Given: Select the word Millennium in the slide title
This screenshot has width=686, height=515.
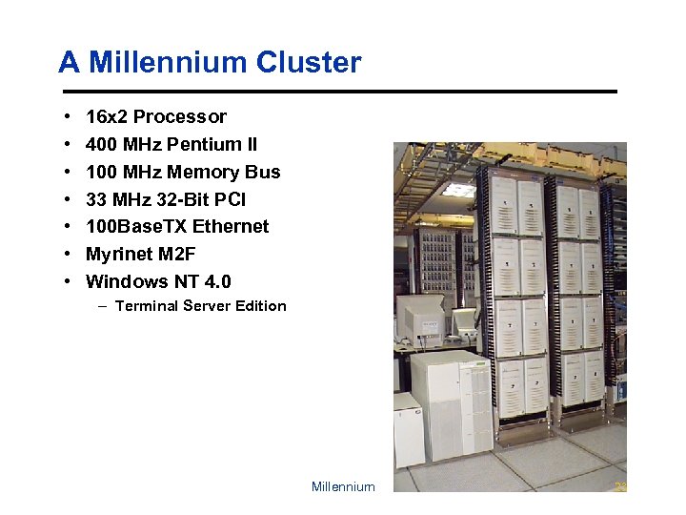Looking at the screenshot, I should (x=166, y=63).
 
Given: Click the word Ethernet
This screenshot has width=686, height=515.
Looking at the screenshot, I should (x=231, y=227).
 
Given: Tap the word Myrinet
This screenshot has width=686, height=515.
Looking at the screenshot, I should (x=118, y=254).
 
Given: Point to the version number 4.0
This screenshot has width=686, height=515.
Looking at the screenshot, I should (x=214, y=281).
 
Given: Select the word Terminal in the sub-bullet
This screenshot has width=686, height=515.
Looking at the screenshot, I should (x=146, y=306).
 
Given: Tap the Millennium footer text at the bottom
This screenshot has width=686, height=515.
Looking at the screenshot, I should (x=343, y=487).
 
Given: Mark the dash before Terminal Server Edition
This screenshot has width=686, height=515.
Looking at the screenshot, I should (x=102, y=306).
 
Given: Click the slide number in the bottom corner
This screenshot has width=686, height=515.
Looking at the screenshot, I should (x=620, y=487).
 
